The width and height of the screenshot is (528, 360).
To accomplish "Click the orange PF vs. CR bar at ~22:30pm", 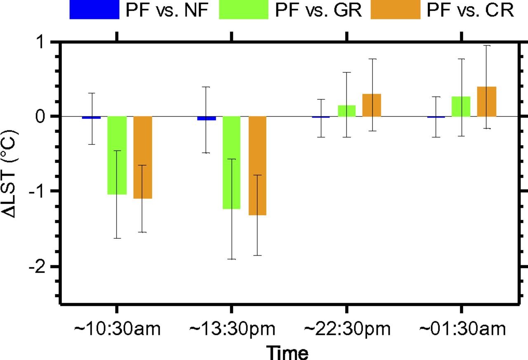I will coord(372,105).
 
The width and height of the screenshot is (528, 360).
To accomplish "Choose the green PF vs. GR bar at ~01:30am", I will coord(461,106).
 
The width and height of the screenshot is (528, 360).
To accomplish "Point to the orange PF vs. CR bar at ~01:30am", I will coord(487,101).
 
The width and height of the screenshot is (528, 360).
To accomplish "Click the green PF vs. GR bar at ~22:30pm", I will coord(346,111).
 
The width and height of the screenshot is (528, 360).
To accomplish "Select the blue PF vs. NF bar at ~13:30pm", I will coord(207,118).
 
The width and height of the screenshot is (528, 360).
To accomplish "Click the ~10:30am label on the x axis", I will coord(117,329).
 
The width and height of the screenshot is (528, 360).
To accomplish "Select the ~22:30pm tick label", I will coord(347,329).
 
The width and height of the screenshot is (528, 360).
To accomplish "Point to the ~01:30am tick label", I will coord(462,329).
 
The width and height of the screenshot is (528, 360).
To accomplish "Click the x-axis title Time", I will coord(288,352).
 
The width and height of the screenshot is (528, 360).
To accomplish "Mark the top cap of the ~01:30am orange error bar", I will coord(487,46).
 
